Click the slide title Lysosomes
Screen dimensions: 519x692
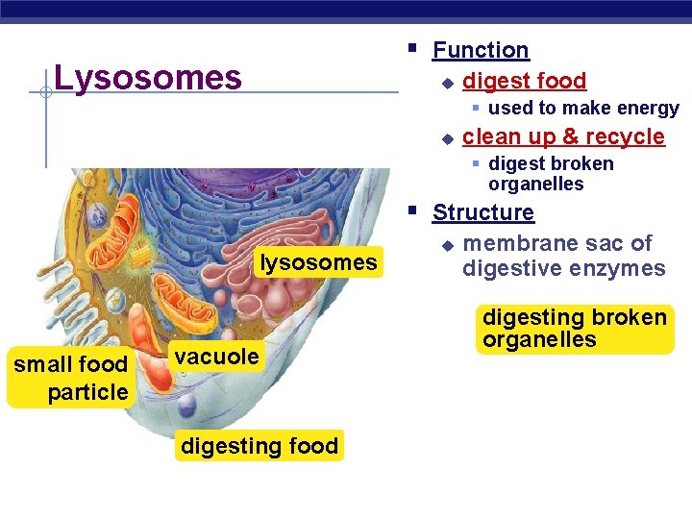click(148, 77)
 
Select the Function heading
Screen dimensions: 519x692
click(481, 50)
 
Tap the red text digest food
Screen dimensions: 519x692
click(524, 81)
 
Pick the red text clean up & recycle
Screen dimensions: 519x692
click(563, 136)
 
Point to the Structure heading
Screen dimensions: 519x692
click(482, 212)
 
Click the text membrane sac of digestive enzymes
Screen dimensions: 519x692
click(563, 256)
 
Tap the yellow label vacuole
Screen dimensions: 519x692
click(216, 357)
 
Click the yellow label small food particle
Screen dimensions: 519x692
click(70, 378)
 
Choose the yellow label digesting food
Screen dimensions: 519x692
click(259, 446)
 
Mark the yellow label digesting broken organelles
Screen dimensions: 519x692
click(574, 329)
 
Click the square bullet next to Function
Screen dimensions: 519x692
click(411, 46)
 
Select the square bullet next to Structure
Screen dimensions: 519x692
click(411, 209)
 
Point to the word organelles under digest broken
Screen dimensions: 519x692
click(535, 185)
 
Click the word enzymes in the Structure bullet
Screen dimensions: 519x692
click(618, 268)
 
